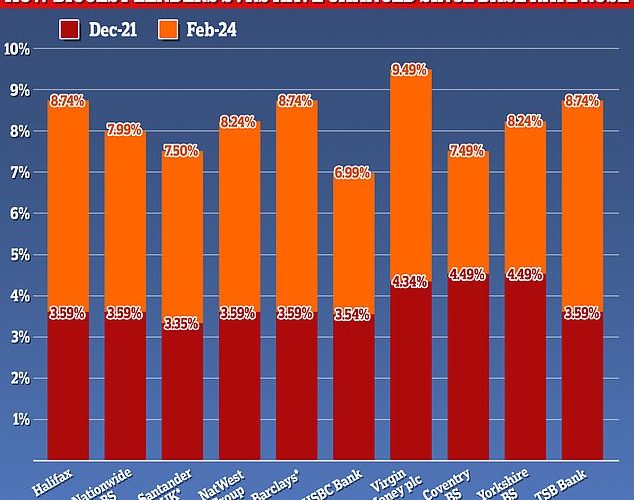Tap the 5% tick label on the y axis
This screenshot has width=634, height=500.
point(19,254)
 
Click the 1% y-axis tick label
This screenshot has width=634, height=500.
point(19,419)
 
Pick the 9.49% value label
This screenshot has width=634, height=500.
point(409,70)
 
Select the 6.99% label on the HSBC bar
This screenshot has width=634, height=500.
point(352,173)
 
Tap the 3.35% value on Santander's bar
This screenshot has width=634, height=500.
point(181,323)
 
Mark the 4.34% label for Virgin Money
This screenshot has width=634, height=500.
point(409,283)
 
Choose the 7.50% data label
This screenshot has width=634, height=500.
point(181,152)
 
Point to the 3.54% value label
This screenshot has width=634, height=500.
point(352,315)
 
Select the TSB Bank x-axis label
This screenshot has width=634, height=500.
point(577,479)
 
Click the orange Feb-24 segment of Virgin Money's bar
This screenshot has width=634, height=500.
point(409,180)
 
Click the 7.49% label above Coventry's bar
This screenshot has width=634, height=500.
point(466,152)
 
